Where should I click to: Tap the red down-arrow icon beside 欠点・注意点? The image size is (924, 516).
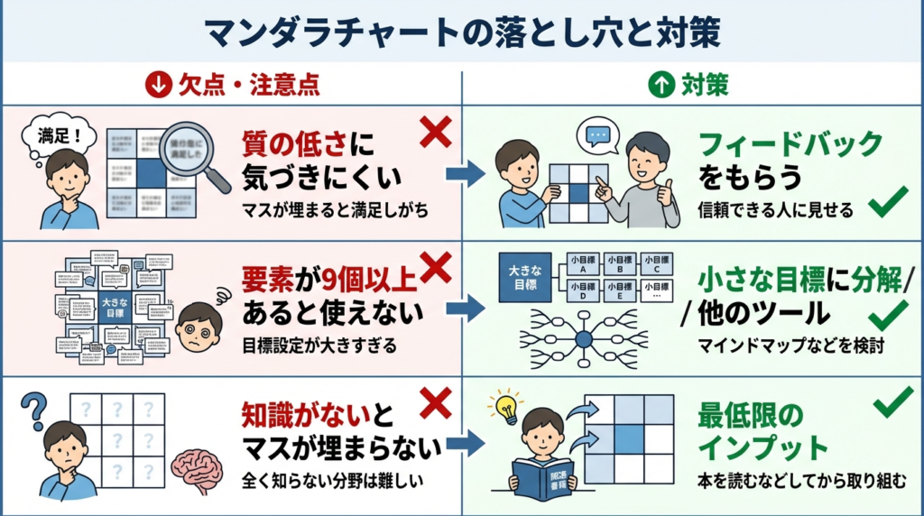click(x=157, y=86)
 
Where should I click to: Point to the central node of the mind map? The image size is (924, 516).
click(x=584, y=340)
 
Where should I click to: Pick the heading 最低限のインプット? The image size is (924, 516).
click(x=763, y=431)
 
